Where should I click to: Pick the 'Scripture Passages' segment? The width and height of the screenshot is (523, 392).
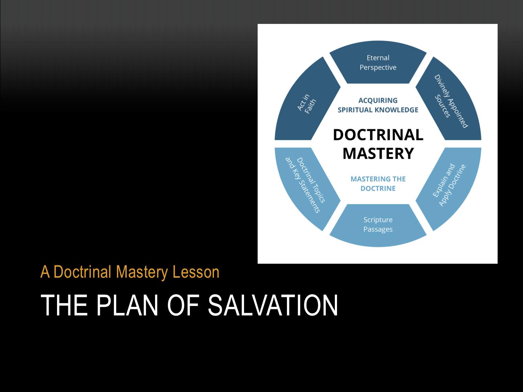pos(378,225)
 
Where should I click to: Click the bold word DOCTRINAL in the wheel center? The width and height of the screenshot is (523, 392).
pos(378,135)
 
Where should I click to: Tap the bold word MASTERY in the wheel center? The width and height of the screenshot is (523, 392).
pos(378,153)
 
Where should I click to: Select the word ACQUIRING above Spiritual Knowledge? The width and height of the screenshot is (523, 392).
pos(378,101)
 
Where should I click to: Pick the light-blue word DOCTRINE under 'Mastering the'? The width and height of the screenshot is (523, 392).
pos(378,188)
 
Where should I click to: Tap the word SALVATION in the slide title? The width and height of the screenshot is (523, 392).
pos(273,305)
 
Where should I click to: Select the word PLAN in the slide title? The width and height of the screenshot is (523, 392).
pos(127,305)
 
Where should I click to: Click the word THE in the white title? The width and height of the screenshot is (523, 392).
pos(64,305)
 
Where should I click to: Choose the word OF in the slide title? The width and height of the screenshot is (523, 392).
pos(183,305)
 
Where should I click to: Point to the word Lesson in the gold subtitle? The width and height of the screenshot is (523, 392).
pos(196,272)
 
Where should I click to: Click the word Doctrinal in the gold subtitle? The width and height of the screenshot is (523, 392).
pos(82,272)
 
